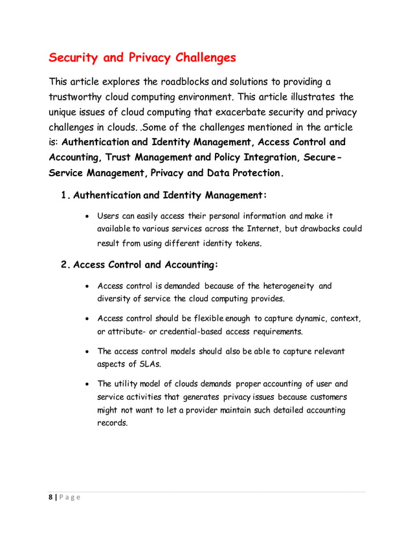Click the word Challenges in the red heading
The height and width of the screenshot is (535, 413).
tap(199, 58)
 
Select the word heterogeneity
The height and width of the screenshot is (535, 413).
tap(286, 285)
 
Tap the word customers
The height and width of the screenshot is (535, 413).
tap(328, 396)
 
